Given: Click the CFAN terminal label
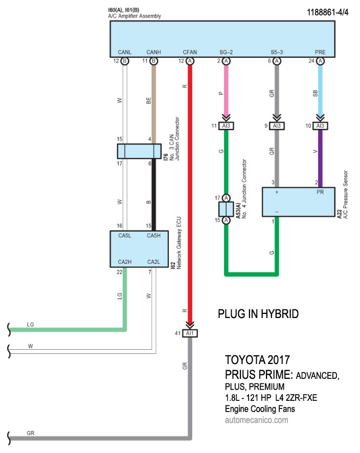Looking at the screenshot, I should (x=190, y=52).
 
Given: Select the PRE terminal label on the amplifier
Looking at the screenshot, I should (x=320, y=52).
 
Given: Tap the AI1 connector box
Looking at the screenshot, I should (x=190, y=334).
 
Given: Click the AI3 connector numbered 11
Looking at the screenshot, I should (x=226, y=126).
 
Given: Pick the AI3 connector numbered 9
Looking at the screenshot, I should (x=277, y=126).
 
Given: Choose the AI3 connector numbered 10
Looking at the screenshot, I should (x=320, y=126).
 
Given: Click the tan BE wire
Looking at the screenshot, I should (x=153, y=102).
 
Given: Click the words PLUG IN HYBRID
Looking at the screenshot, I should (x=258, y=313).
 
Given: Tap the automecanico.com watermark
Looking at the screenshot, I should (x=256, y=420).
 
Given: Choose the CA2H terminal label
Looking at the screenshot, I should (x=125, y=262).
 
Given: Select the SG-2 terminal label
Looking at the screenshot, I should (x=226, y=52).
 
